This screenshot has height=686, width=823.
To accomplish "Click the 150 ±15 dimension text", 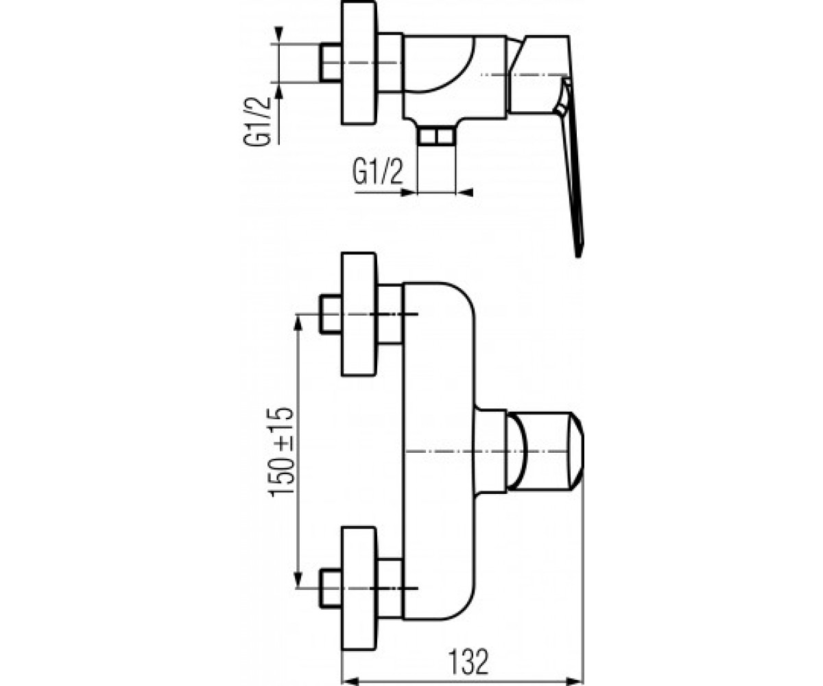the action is [x=281, y=451].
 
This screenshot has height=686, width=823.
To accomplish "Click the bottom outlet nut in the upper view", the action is [x=436, y=136].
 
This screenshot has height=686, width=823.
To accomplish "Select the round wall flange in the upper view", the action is [x=359, y=63].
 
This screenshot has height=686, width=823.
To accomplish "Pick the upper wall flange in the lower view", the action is [x=359, y=314].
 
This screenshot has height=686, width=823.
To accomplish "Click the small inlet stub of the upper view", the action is [x=331, y=63].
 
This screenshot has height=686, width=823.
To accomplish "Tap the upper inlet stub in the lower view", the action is [x=331, y=314].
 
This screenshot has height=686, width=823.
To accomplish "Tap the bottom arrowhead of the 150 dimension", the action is [x=299, y=578].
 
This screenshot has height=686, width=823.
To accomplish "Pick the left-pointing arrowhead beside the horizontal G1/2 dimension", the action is [x=464, y=193].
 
